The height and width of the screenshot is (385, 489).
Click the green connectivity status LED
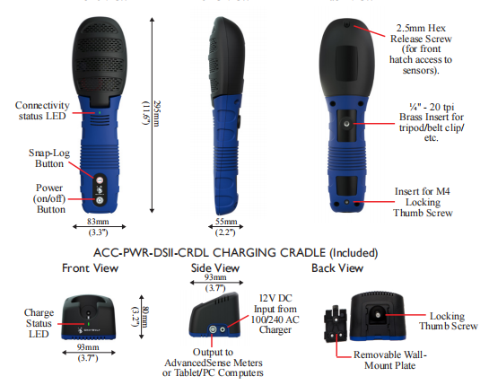pos(100,112)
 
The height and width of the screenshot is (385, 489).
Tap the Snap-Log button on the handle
pos(100,180)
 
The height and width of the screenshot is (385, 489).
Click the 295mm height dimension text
pos(156,114)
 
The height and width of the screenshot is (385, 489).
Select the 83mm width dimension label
pos(98,222)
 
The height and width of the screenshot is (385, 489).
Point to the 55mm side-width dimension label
pos(226,222)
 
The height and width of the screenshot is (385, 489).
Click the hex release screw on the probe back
pos(346,24)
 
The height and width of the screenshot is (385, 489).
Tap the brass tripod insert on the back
pos(346,124)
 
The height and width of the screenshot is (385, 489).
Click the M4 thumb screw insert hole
pos(346,202)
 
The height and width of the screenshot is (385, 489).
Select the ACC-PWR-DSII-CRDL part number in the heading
pos(152,253)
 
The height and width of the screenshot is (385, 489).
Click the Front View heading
pos(90,268)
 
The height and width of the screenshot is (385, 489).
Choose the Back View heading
pos(337,268)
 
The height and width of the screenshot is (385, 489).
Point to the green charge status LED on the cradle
pos(89,324)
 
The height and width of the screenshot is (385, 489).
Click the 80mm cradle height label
pos(145,317)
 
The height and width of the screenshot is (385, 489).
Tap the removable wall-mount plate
pos(336,324)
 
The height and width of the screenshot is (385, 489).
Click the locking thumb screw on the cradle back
pos(378,315)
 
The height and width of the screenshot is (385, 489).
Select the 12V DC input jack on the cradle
pos(223,329)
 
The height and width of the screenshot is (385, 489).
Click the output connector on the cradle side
pos(213,329)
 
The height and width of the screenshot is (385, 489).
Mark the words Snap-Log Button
pos(49,158)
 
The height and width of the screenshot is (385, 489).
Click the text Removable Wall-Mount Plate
pos(389,360)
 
